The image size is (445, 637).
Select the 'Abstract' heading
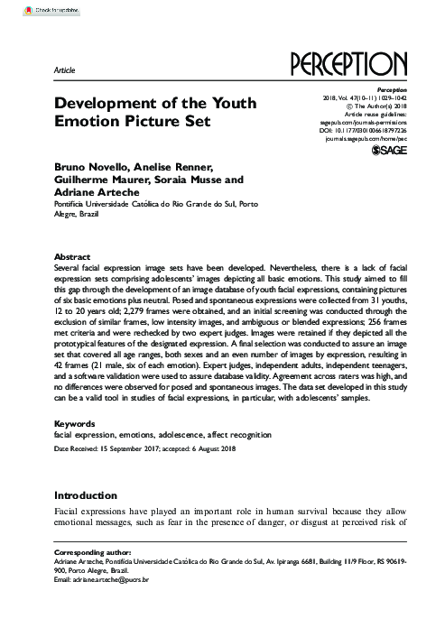coord(72,256)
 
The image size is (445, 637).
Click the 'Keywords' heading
coord(74,422)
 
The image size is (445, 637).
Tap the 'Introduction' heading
coord(86,495)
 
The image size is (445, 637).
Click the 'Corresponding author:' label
coord(93,551)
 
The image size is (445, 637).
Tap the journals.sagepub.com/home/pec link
coord(363,140)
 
